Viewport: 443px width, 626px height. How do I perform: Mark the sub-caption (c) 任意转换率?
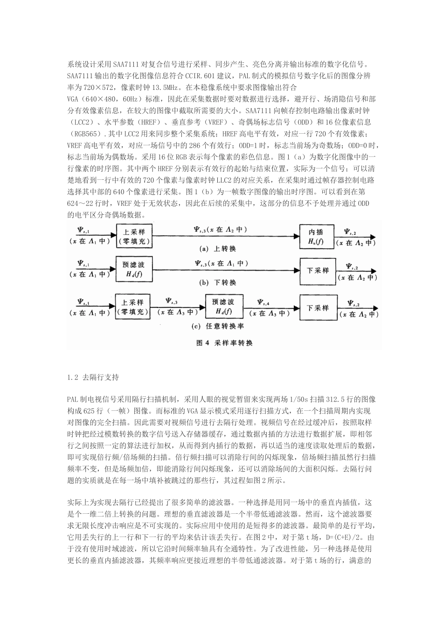point(216,327)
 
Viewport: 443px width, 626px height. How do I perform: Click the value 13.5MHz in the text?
point(165,87)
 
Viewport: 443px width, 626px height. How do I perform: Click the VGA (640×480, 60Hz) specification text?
point(99,99)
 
